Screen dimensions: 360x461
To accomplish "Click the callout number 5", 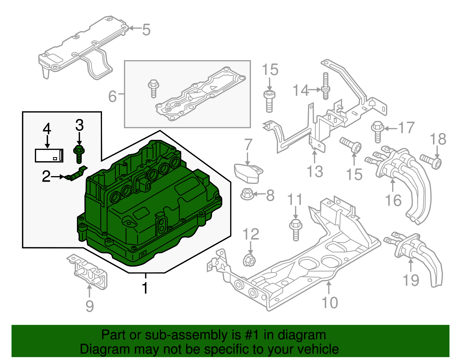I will pyautogui.click(x=146, y=30).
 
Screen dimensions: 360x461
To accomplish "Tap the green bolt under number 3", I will pyautogui.click(x=79, y=154).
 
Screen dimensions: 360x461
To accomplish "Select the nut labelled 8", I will pyautogui.click(x=247, y=194).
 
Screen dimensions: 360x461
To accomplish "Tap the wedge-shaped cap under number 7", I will pyautogui.click(x=248, y=173).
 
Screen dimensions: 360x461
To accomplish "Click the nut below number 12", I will pyautogui.click(x=249, y=260).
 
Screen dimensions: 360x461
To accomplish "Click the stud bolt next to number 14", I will pyautogui.click(x=326, y=86).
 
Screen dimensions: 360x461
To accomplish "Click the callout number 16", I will pyautogui.click(x=393, y=200).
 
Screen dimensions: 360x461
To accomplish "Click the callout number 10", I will pyautogui.click(x=330, y=302).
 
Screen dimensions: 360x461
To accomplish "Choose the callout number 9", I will pyautogui.click(x=90, y=306).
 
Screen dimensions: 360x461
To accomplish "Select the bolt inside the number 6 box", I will pyautogui.click(x=153, y=88).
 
